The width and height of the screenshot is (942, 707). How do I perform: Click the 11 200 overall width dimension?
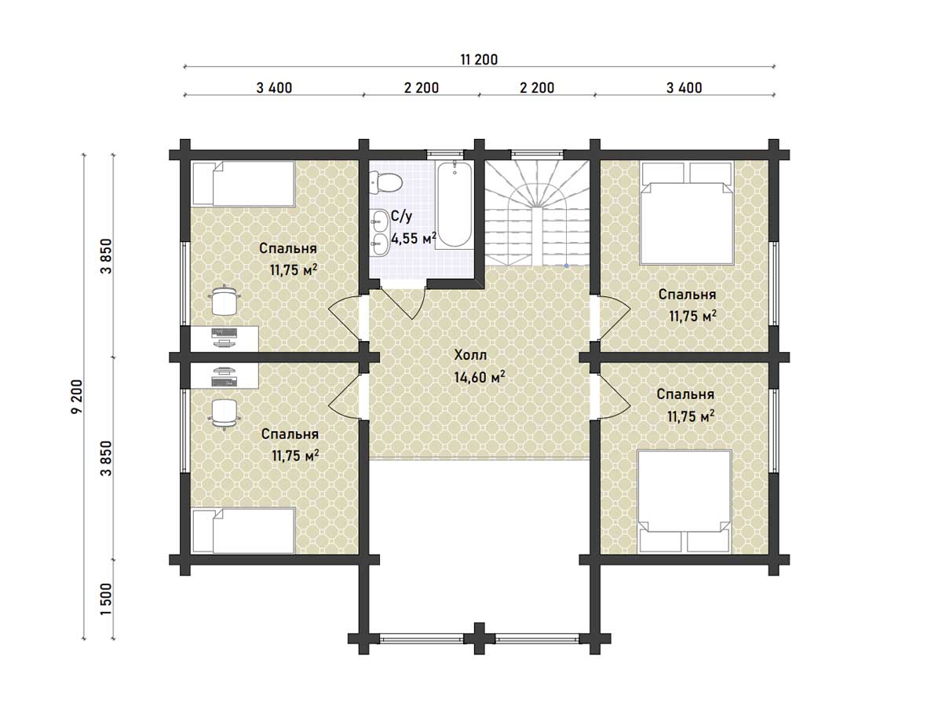pyautogui.click(x=479, y=60)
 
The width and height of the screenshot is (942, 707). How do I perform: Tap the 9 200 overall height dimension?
pyautogui.click(x=77, y=396)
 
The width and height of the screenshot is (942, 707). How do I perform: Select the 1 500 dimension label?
pyautogui.click(x=106, y=599)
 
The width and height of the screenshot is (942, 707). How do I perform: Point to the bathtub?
pyautogui.click(x=455, y=204)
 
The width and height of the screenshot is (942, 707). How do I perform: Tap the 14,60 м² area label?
pyautogui.click(x=480, y=377)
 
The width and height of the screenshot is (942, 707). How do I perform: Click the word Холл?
pyautogui.click(x=470, y=355)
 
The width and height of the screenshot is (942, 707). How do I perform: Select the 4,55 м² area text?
pyautogui.click(x=414, y=238)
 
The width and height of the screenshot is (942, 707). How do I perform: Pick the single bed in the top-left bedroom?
pyautogui.click(x=243, y=183)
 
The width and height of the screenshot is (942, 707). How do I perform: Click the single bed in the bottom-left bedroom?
pyautogui.click(x=243, y=530)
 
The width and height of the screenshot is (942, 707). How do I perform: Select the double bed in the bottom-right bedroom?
pyautogui.click(x=685, y=501)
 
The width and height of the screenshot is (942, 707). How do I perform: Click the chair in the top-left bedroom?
pyautogui.click(x=224, y=301)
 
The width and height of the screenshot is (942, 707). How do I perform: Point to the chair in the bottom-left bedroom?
pyautogui.click(x=224, y=414)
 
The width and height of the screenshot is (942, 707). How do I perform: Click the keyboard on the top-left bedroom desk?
pyautogui.click(x=224, y=332)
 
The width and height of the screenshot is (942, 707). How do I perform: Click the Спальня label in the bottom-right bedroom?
pyautogui.click(x=685, y=394)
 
